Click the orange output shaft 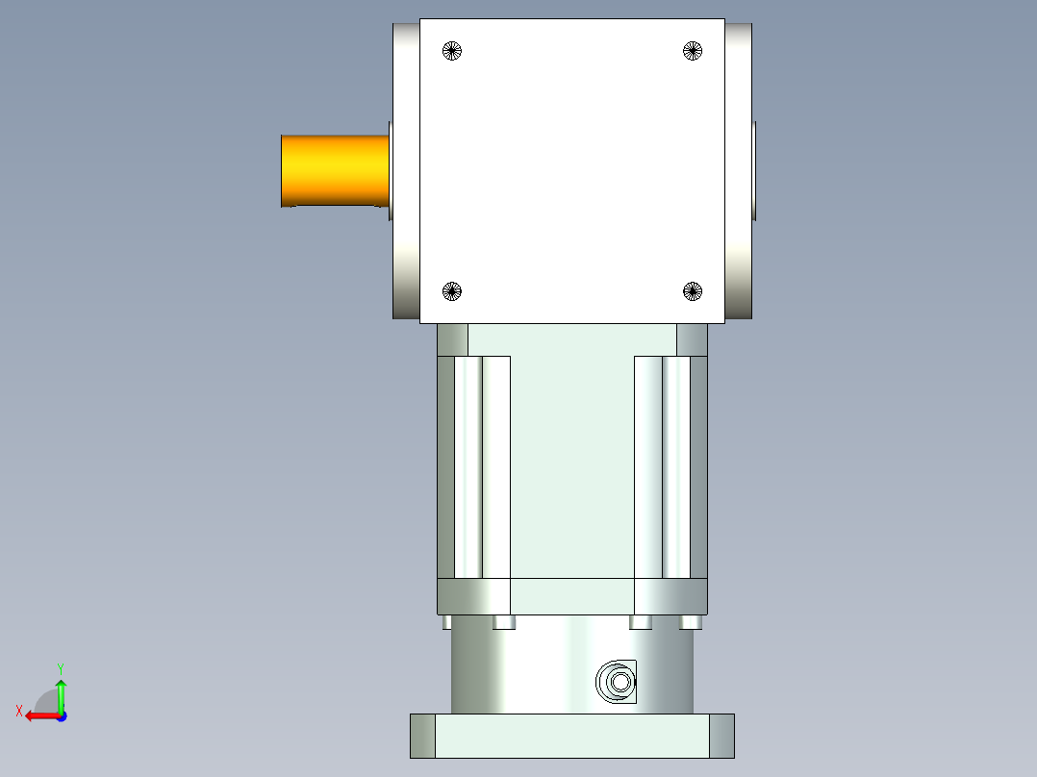[x=334, y=170]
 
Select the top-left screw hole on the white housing [x=452, y=51]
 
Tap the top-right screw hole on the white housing [x=693, y=51]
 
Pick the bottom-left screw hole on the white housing [x=452, y=290]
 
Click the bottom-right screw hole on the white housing [x=693, y=290]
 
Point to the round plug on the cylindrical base [x=617, y=683]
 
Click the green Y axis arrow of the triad [x=61, y=689]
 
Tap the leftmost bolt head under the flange [x=446, y=623]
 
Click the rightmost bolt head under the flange [x=690, y=623]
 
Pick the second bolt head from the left [x=504, y=623]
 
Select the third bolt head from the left [x=641, y=623]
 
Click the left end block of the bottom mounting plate [x=422, y=736]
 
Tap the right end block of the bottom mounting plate [x=721, y=736]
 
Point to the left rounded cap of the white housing [x=405, y=170]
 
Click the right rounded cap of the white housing [x=738, y=170]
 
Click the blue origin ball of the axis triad [x=61, y=715]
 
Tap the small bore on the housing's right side [x=755, y=170]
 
